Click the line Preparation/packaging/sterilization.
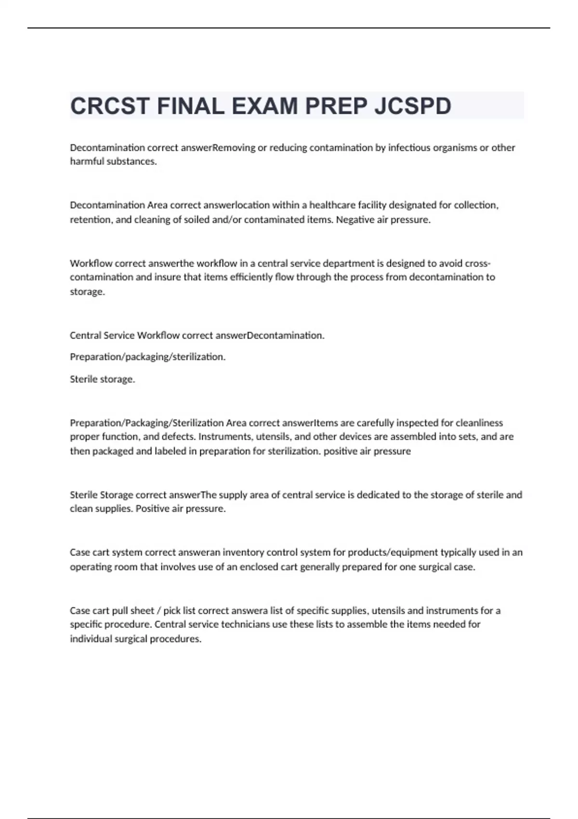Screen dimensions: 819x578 click(147, 357)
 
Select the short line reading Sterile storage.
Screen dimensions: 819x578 click(102, 379)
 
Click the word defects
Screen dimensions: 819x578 click(178, 437)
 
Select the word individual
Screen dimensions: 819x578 click(90, 639)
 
